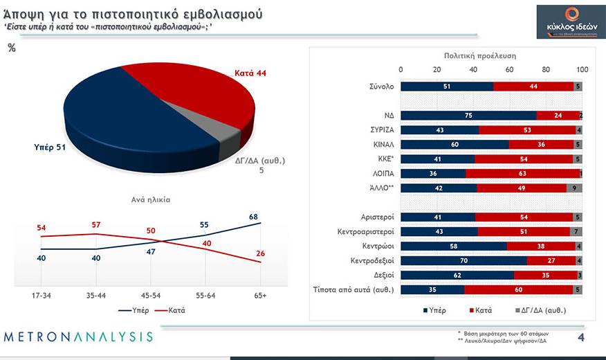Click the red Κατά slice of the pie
coord(194,93)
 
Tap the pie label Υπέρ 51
coord(50,147)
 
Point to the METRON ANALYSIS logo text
coord(78,337)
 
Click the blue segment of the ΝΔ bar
coord(468,116)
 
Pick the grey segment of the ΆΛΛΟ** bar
coord(574,188)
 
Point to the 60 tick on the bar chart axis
coord(510,69)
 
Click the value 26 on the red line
coord(261,253)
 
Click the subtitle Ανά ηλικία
coord(151,199)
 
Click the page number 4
coord(581,337)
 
